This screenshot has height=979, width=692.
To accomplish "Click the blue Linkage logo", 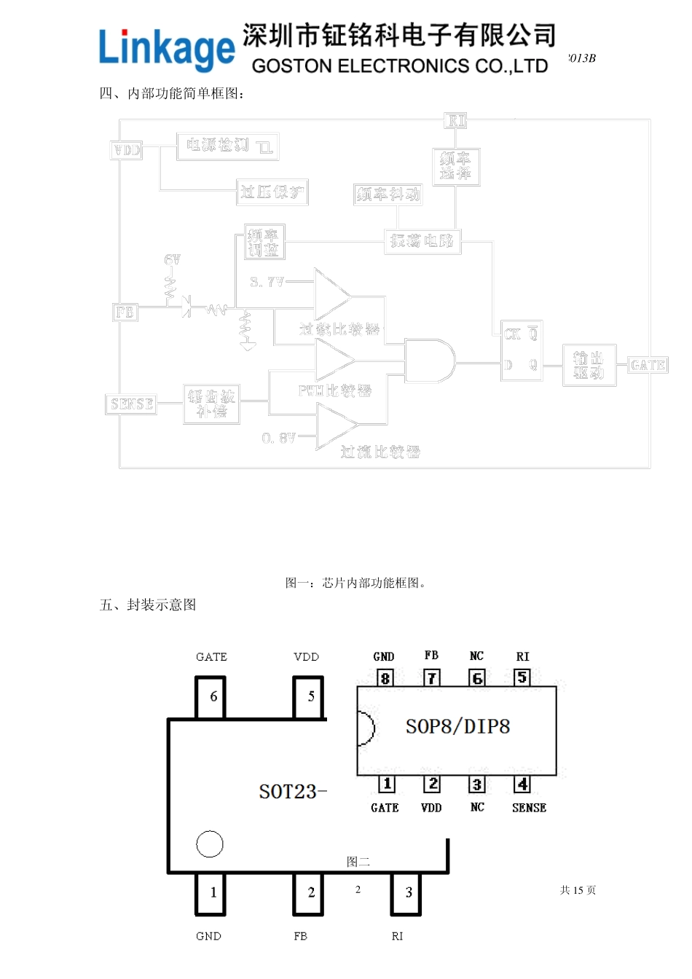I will pos(167,50).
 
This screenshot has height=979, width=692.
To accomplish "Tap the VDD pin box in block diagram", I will pos(127,150).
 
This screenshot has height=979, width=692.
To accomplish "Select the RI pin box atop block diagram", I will pos(456,121).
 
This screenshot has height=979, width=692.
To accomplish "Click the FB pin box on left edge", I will pos(125,312).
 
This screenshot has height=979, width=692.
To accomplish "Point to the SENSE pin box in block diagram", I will pos(132,404).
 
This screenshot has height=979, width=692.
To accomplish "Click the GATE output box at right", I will pos(648,365).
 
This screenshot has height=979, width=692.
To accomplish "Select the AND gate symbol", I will pos(429,361).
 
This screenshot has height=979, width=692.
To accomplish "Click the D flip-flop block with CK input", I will pos(521,350).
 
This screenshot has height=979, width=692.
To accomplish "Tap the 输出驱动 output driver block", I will pos(589,366).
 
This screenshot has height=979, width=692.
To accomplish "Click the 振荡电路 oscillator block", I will pos(422,241).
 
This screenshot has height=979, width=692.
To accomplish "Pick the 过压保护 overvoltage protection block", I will pos(272,192).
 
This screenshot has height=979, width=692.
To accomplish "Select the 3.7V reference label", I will pos(267,282).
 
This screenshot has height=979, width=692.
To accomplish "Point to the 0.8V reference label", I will pos(279,438).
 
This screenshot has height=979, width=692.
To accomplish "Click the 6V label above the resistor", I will pos(172,260).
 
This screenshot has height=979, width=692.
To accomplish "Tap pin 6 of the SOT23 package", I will pos(211,697).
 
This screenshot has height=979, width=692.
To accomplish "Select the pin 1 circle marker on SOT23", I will pos(210,844).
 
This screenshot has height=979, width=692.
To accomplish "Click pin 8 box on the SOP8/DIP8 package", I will pos(385,678).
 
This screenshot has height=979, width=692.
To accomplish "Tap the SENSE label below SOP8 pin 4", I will pos(529,808).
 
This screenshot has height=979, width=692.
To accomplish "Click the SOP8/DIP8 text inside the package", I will pos(457,726).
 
